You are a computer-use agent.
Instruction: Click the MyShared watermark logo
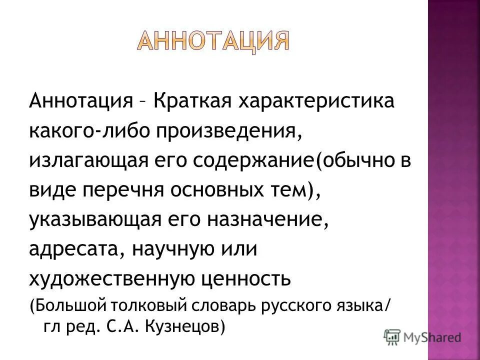(x=422, y=336)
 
